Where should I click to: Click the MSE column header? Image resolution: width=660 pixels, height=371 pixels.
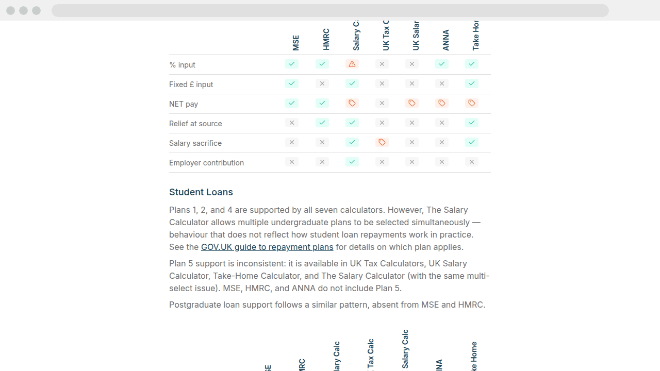click(295, 43)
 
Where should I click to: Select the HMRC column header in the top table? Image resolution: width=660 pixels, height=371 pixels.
click(326, 40)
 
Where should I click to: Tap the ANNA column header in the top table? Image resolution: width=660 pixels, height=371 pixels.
click(446, 40)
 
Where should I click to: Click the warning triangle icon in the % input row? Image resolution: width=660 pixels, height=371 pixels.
click(352, 64)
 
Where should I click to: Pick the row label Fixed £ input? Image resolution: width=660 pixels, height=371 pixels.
click(191, 85)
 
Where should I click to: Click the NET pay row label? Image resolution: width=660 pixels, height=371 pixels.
click(184, 104)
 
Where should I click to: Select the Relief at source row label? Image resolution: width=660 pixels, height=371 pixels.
click(195, 124)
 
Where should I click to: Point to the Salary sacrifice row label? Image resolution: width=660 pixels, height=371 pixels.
click(195, 143)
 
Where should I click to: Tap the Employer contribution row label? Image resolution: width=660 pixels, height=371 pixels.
click(206, 163)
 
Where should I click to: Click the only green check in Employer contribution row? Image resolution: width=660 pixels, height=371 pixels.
click(352, 162)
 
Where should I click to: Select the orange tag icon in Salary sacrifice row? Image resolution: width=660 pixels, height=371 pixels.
click(382, 142)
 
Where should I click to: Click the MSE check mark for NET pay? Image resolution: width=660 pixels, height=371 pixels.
click(292, 103)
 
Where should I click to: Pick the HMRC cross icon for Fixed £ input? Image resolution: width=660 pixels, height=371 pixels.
click(322, 83)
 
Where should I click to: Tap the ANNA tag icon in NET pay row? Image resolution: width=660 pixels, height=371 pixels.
click(442, 103)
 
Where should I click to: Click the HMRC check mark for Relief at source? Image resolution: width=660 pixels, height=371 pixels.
click(322, 123)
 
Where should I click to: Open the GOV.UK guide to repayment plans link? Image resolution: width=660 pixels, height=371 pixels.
click(267, 247)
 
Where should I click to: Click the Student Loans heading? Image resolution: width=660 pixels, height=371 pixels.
click(201, 192)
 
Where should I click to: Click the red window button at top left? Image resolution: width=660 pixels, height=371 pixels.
click(10, 10)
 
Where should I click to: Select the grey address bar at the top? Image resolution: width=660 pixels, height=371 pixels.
click(330, 10)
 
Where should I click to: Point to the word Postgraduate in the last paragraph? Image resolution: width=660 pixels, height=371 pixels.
click(195, 305)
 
